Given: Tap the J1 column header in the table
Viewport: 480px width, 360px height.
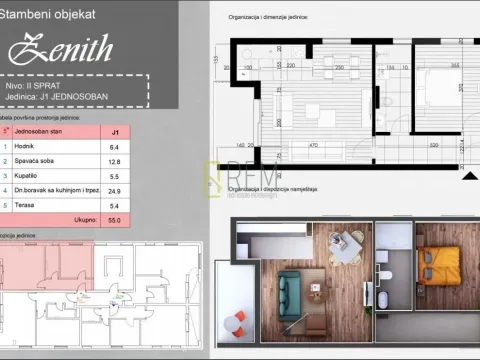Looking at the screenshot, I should [115, 129].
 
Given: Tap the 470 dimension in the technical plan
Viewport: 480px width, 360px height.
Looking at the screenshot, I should [313, 145].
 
